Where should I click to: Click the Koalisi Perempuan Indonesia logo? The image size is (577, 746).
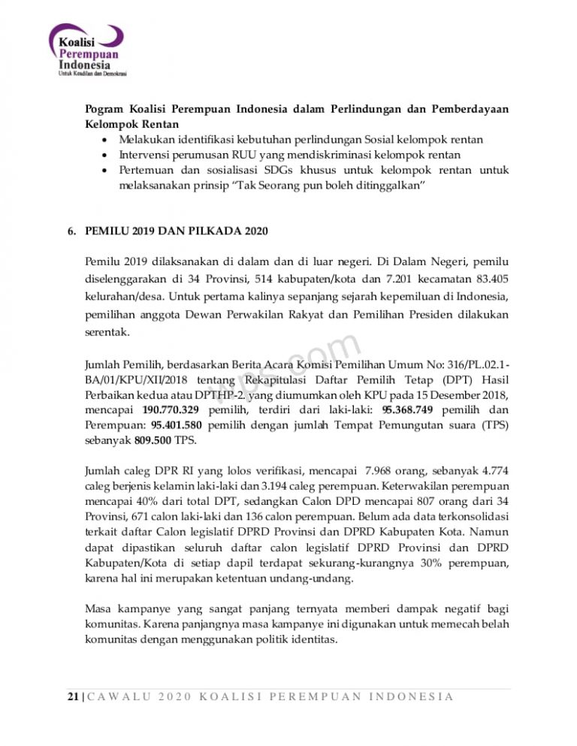[86, 51]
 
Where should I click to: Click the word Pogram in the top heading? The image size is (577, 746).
[105, 109]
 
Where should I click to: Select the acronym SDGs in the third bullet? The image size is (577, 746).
[288, 171]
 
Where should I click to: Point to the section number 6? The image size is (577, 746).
[70, 228]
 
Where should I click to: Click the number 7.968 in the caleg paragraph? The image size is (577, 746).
[381, 471]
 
